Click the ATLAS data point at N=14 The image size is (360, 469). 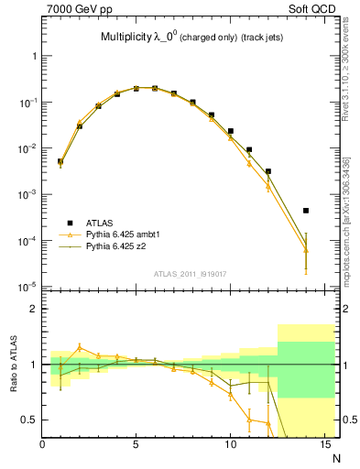tap(306, 211)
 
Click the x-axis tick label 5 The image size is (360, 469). tap(136, 445)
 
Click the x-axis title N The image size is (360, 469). tap(337, 457)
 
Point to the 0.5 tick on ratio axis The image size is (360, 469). tap(30, 420)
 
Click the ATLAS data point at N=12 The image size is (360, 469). tap(267, 171)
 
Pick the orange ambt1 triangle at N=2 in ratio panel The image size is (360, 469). tap(80, 347)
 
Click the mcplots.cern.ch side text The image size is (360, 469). tap(352, 211)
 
